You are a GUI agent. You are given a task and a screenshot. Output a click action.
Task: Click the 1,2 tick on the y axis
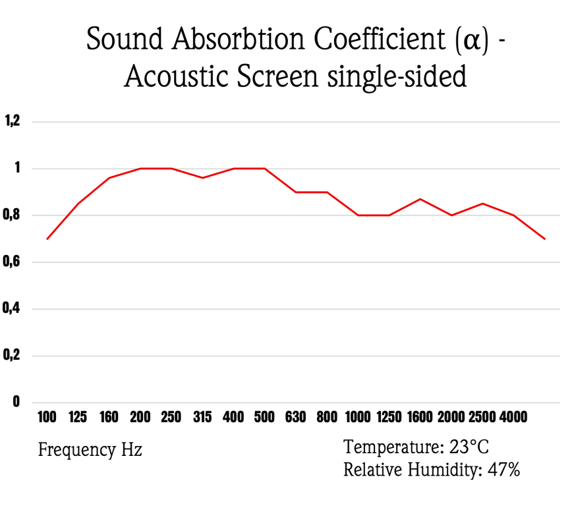[13, 121]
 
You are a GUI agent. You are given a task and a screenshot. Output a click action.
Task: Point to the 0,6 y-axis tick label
[13, 262]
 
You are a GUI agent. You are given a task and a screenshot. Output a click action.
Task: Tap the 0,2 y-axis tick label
[13, 356]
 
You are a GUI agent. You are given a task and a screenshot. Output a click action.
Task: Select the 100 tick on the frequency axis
[47, 417]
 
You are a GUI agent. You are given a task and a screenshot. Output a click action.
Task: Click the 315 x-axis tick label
[202, 417]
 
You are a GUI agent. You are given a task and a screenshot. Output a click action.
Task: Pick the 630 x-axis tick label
[295, 417]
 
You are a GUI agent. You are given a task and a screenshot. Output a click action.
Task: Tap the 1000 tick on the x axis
[358, 417]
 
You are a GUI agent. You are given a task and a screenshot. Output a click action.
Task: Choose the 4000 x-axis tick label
[513, 417]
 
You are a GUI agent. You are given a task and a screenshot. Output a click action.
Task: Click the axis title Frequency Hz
[90, 451]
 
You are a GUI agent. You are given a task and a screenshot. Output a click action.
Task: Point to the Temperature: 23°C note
[416, 447]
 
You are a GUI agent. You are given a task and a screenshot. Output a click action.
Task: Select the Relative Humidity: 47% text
[432, 470]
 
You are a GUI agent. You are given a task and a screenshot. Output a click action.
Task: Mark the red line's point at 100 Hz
[47, 238]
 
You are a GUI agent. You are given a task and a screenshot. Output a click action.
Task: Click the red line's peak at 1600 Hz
[420, 199]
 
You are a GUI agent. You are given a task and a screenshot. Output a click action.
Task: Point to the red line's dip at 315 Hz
[202, 178]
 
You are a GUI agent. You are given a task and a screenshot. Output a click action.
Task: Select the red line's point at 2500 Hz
[482, 204]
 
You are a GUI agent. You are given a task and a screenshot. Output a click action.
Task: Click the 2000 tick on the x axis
[451, 417]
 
